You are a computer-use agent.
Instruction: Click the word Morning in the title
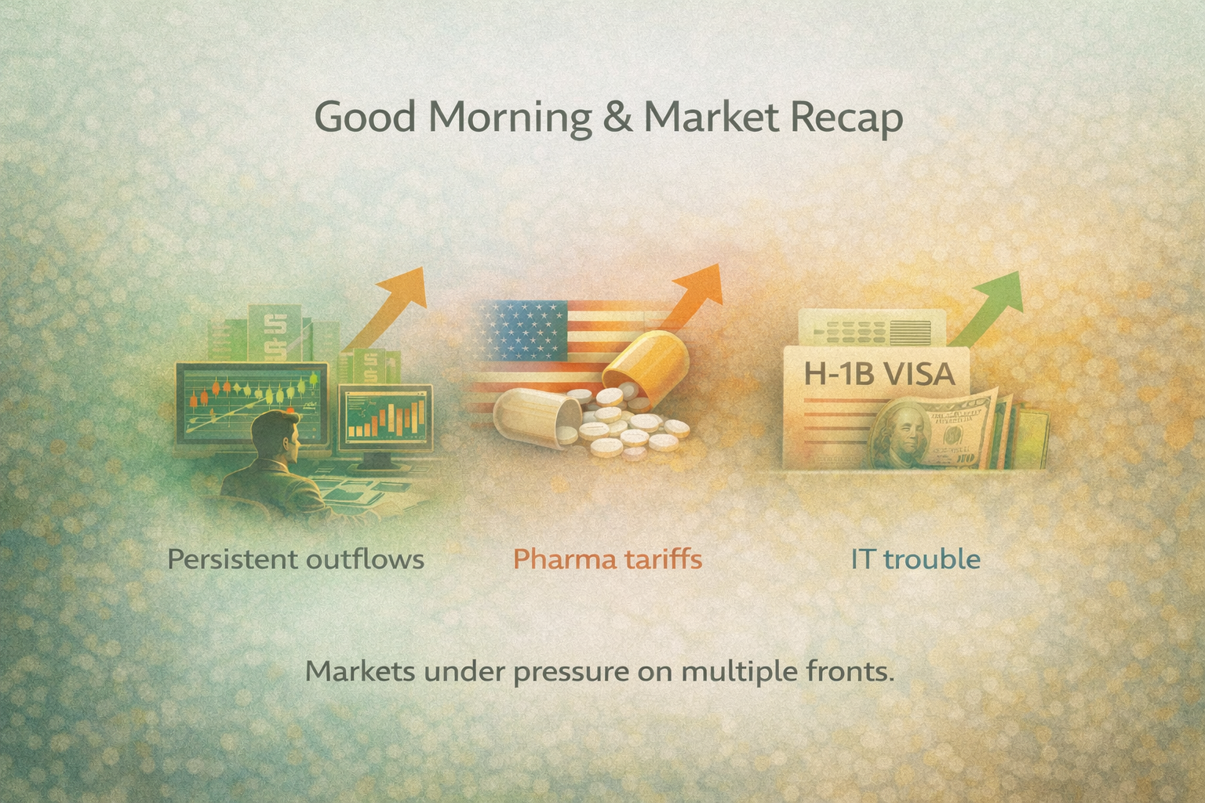coord(510,118)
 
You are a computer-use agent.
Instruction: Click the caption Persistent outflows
coord(296,559)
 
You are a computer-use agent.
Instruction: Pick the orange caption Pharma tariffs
coord(607,559)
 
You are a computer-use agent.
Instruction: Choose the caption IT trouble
coord(916,559)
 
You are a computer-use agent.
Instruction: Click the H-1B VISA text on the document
coord(879,373)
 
